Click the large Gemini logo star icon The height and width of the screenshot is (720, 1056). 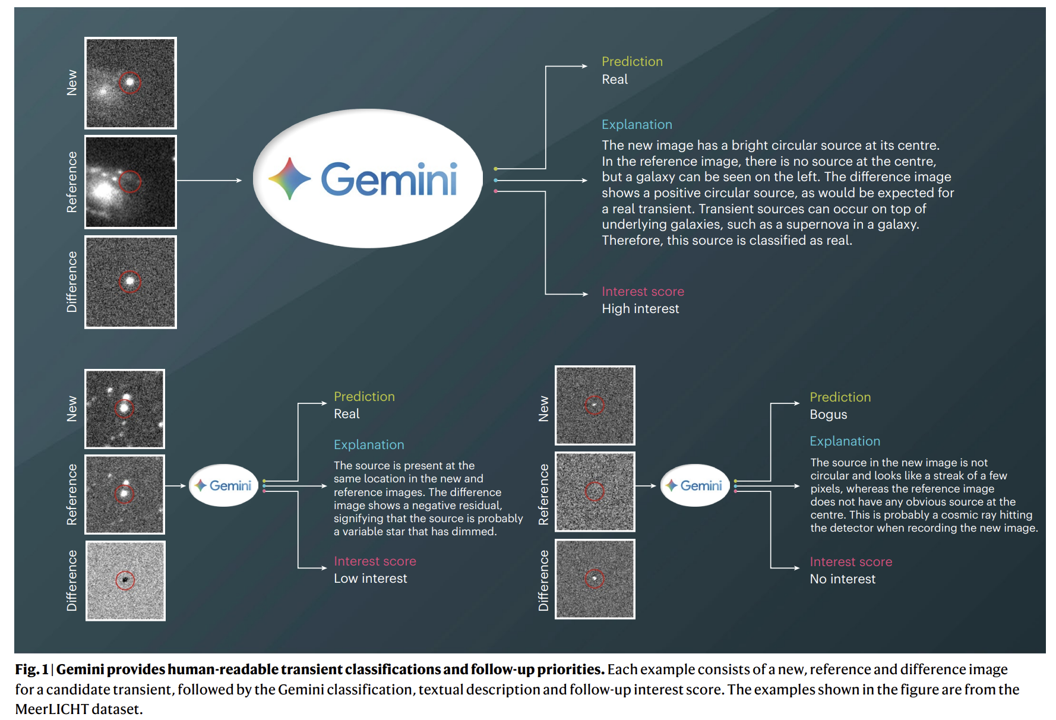tap(290, 178)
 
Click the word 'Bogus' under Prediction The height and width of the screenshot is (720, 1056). tap(828, 415)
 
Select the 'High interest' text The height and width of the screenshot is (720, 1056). tap(640, 309)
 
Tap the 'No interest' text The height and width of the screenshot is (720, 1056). tap(842, 579)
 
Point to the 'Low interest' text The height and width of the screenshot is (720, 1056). tap(370, 579)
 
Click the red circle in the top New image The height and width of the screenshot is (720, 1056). tap(130, 83)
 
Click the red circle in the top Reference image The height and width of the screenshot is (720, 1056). tap(130, 181)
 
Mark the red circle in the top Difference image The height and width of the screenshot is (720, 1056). tap(129, 281)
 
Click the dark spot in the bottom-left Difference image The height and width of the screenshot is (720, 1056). tap(125, 580)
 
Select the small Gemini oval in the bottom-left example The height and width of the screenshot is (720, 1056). tap(224, 485)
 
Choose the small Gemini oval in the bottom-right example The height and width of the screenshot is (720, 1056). tap(695, 485)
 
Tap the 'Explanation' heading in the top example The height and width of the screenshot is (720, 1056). tap(637, 125)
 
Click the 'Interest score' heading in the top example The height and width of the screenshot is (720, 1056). tap(643, 292)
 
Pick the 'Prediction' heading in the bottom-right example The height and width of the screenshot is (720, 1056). tap(840, 397)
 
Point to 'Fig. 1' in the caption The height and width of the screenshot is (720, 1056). tap(31, 670)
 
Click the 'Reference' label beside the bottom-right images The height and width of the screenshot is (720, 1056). tap(543, 494)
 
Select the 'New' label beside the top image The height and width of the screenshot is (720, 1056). tap(72, 83)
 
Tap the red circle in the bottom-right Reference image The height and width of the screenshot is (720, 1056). tap(595, 491)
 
